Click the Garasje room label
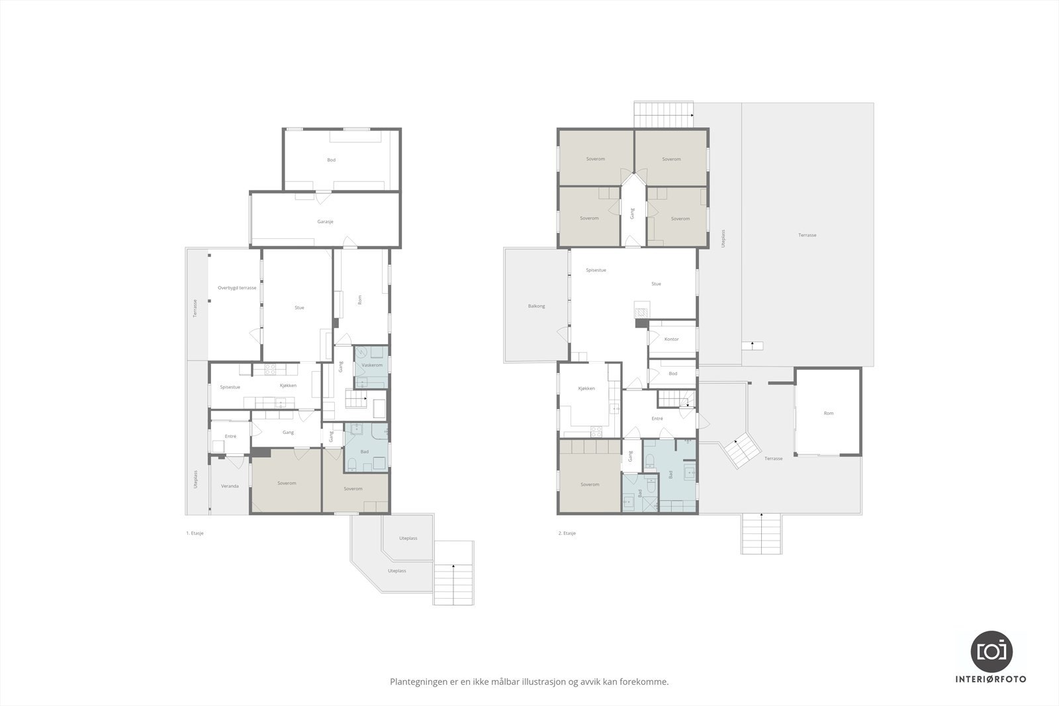(x=326, y=222)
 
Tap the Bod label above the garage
(x=331, y=160)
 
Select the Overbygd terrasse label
(x=237, y=288)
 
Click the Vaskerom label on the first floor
(x=372, y=365)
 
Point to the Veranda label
(x=230, y=486)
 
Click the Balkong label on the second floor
(x=536, y=306)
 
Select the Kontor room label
(x=672, y=339)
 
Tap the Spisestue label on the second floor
(x=596, y=270)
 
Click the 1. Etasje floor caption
(x=195, y=533)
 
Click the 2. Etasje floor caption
(x=567, y=533)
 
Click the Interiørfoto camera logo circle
(x=991, y=651)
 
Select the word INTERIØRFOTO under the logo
(x=991, y=680)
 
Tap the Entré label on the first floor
(x=230, y=436)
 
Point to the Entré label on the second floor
(x=657, y=418)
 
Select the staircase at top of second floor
(x=663, y=115)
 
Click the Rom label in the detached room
(x=829, y=413)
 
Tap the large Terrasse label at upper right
(x=807, y=235)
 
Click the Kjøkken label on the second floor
(x=586, y=388)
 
